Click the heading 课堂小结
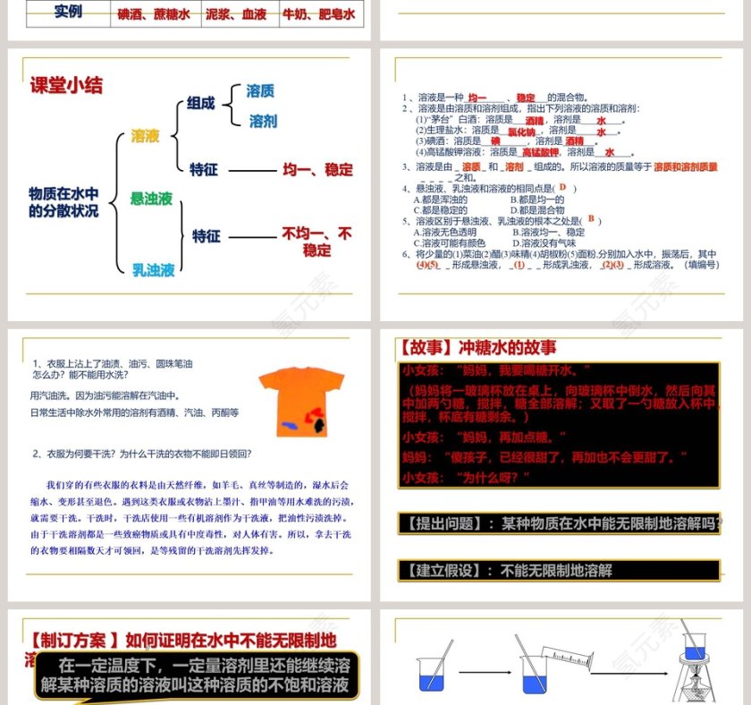pyautogui.click(x=67, y=85)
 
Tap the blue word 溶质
pyautogui.click(x=260, y=90)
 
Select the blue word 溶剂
pyautogui.click(x=263, y=121)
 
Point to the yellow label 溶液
pyautogui.click(x=145, y=136)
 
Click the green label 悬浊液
pyautogui.click(x=151, y=199)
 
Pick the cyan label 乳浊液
pyautogui.click(x=153, y=269)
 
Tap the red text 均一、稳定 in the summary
pyautogui.click(x=317, y=169)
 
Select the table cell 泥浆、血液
pyautogui.click(x=236, y=14)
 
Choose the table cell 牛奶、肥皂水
pyautogui.click(x=319, y=14)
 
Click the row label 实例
pyautogui.click(x=68, y=13)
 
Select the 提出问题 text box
pyautogui.click(x=559, y=524)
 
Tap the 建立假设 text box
pyautogui.click(x=559, y=570)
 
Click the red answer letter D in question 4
pyautogui.click(x=563, y=187)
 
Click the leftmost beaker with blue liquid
pyautogui.click(x=433, y=673)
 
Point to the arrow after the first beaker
pyautogui.click(x=482, y=671)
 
